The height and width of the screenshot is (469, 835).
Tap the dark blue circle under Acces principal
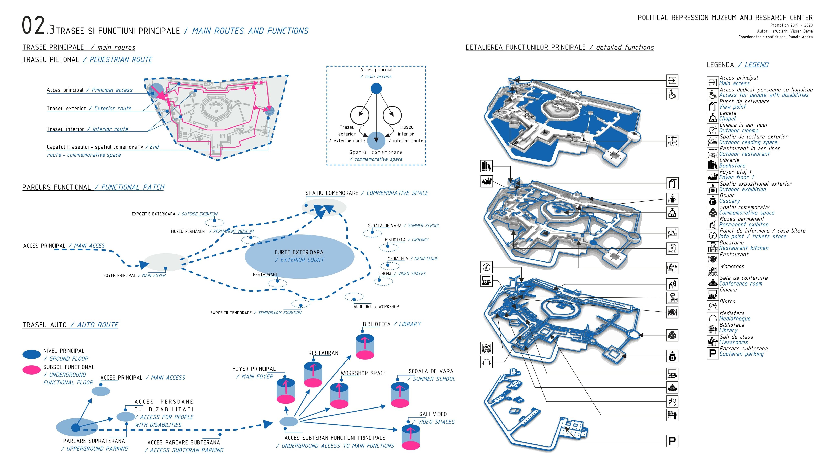(376, 88)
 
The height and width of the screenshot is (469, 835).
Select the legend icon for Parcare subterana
(712, 353)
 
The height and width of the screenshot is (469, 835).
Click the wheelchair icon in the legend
(712, 94)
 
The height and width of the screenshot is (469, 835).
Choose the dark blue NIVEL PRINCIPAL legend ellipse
(31, 354)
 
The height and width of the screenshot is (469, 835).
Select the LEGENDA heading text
(720, 65)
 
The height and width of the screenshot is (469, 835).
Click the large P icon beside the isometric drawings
(672, 441)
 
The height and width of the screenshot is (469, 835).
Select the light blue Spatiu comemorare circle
(376, 140)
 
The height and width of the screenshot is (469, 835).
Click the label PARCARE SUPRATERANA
(94, 441)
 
